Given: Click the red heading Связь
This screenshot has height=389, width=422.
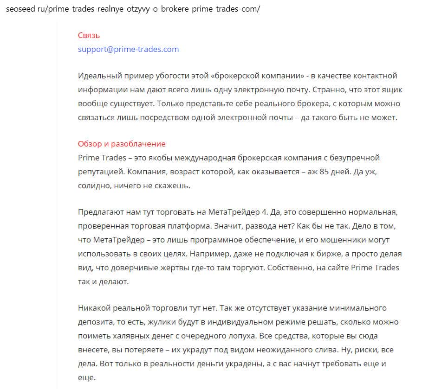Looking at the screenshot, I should [89, 35].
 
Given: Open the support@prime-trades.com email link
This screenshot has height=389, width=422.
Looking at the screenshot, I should [128, 49].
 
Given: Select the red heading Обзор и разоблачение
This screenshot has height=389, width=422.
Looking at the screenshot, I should [122, 144].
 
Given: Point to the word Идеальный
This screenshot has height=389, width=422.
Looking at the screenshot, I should [98, 76].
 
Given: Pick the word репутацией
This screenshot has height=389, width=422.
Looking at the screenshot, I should [100, 172].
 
